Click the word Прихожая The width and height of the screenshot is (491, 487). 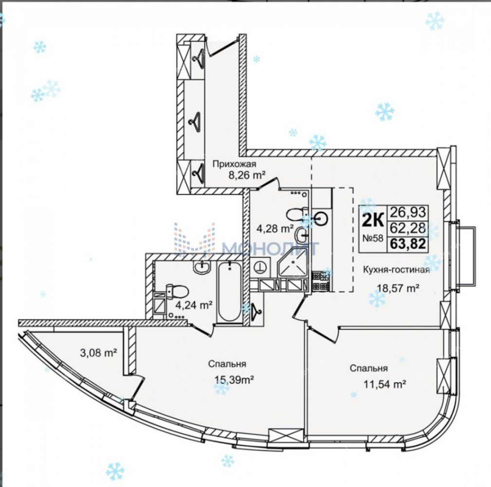click(234, 164)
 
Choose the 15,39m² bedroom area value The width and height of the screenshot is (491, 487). click(229, 379)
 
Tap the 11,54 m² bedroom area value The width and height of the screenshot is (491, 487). click(378, 384)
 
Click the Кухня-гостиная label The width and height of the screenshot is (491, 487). click(395, 271)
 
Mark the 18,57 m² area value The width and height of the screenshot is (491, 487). click(398, 288)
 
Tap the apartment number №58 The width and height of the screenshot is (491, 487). click(372, 239)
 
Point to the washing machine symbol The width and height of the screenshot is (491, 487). click(261, 267)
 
